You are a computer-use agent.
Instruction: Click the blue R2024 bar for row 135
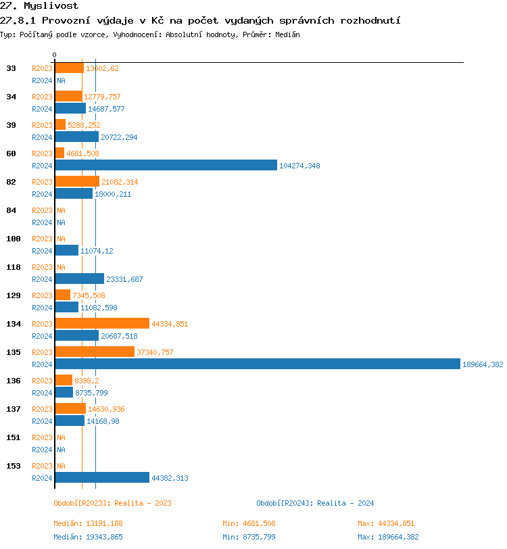click(x=257, y=364)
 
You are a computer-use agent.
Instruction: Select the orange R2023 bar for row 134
click(x=101, y=324)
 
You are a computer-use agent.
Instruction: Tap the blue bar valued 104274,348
click(x=166, y=166)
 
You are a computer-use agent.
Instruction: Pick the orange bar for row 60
click(x=59, y=153)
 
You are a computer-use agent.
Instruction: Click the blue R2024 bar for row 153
click(x=101, y=478)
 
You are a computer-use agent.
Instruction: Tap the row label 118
click(x=14, y=267)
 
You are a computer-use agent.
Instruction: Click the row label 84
click(x=11, y=210)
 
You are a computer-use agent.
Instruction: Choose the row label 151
click(x=14, y=437)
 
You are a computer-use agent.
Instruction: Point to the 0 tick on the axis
click(x=55, y=55)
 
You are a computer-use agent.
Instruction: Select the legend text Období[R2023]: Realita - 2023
click(x=112, y=503)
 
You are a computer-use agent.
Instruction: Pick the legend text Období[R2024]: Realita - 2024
click(x=315, y=503)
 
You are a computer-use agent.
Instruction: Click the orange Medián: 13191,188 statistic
click(x=88, y=523)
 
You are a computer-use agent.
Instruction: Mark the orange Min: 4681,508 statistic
click(x=249, y=523)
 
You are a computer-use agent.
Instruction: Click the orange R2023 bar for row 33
click(x=69, y=68)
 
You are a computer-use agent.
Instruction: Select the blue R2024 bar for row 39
click(x=76, y=137)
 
